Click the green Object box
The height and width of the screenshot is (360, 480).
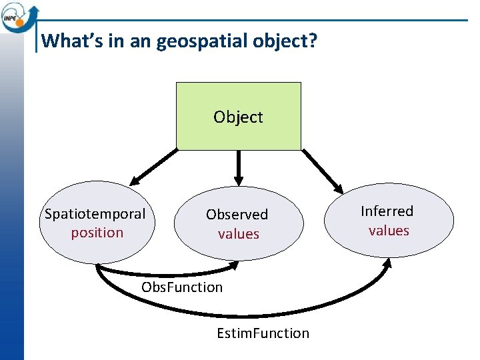(x=238, y=116)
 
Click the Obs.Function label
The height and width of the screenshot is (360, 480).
(x=182, y=287)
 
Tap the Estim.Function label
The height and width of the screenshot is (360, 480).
(x=263, y=333)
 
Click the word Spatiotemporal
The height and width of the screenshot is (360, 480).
(x=95, y=214)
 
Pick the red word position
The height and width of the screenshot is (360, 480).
(x=97, y=233)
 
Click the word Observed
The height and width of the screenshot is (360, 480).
(x=237, y=215)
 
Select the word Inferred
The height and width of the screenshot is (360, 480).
(x=387, y=211)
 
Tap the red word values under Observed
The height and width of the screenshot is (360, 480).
(x=238, y=234)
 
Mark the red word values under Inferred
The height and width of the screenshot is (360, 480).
(x=389, y=231)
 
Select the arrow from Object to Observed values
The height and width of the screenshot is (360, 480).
(x=239, y=167)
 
